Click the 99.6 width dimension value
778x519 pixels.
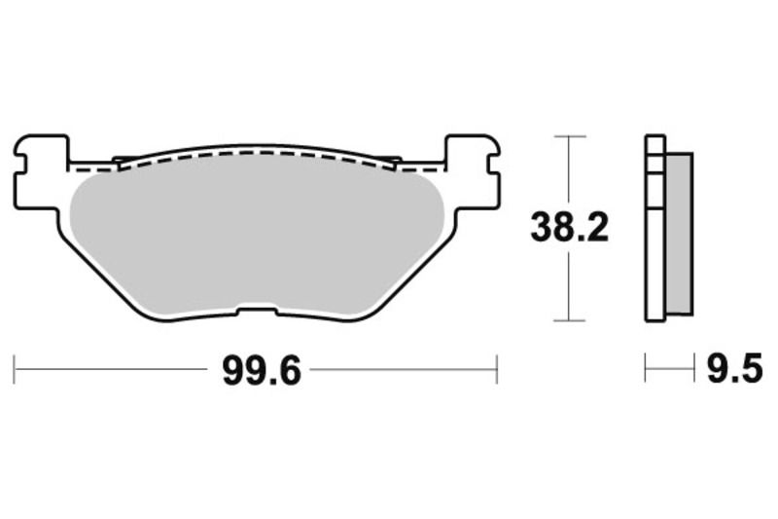(x=256, y=370)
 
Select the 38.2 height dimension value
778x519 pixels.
(x=569, y=228)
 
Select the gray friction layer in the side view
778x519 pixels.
(x=680, y=234)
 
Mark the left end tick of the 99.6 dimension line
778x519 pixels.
(x=15, y=370)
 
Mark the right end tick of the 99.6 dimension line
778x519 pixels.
(x=497, y=370)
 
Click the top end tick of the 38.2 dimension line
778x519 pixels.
(x=569, y=136)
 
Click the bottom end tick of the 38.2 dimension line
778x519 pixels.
(x=569, y=320)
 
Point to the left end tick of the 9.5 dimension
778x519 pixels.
(x=646, y=370)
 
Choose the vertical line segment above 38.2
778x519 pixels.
(x=569, y=170)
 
